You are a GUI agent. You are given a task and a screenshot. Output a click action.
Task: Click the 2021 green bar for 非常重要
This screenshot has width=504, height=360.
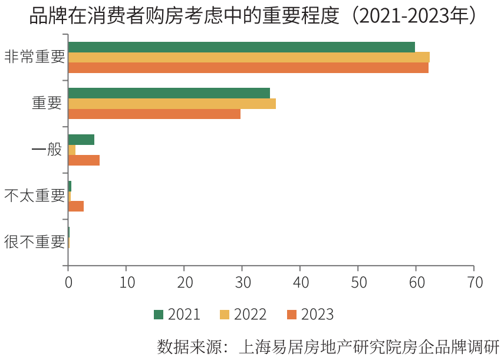coord(242,47)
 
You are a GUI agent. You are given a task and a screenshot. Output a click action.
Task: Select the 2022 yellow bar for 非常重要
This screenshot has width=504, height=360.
coord(249,57)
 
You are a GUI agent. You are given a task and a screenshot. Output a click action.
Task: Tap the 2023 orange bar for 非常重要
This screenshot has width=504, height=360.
coord(248,68)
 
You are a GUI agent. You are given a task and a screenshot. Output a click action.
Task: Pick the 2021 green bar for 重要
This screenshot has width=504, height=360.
coord(169,93)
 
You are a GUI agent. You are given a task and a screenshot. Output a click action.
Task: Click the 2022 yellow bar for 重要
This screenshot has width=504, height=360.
coord(172,104)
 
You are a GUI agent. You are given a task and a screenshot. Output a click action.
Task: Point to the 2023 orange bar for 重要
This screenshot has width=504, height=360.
coord(154,114)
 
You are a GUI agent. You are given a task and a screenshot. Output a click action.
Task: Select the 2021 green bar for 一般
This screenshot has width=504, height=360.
coord(81,140)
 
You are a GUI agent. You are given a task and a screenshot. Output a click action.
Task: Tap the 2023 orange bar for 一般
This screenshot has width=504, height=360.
coord(84,160)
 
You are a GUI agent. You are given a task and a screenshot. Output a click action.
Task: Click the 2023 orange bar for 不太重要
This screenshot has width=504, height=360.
coord(76,206)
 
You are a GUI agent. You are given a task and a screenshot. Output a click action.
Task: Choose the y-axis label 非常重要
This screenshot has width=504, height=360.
coord(34,57)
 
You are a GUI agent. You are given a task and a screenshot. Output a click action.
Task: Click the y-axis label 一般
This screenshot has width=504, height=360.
coord(47,150)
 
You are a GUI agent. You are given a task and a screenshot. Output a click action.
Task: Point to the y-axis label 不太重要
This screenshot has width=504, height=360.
coord(34,196)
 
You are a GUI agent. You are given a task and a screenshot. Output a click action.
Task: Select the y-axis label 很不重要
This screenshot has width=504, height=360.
coord(34,242)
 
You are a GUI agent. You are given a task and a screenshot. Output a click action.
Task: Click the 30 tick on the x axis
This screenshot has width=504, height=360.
coord(242,282)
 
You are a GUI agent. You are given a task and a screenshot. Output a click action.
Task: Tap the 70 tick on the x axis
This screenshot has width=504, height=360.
coord(474,282)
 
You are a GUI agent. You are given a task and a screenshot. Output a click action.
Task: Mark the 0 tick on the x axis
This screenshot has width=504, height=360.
coord(68,282)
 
